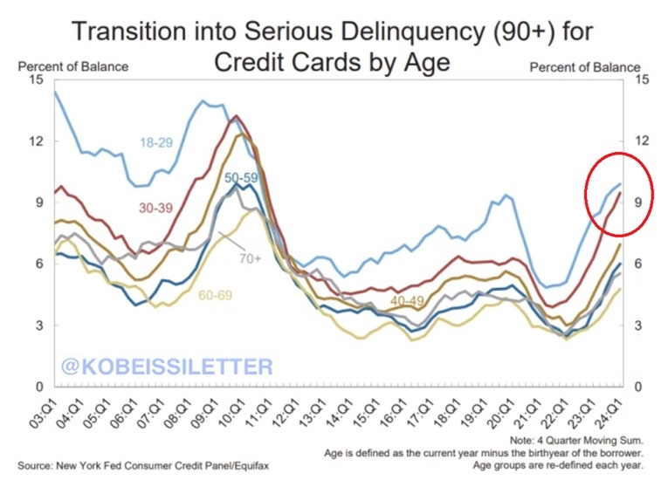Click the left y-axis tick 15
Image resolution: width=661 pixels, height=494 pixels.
(36, 79)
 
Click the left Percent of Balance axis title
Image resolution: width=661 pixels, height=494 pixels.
(73, 66)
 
